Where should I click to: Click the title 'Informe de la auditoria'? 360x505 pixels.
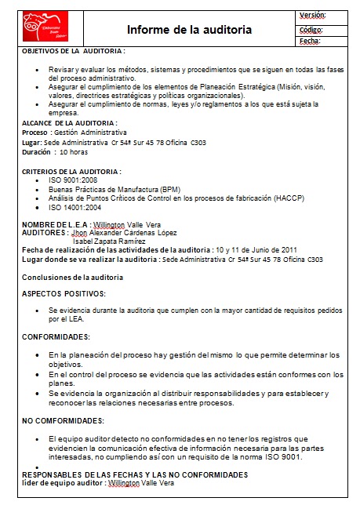[x=190, y=30]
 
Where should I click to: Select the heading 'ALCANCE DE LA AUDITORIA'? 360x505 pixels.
[x=69, y=123]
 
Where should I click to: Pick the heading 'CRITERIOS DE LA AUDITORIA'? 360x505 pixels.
[x=71, y=171]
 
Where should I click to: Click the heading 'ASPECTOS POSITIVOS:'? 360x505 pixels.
[x=64, y=293]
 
